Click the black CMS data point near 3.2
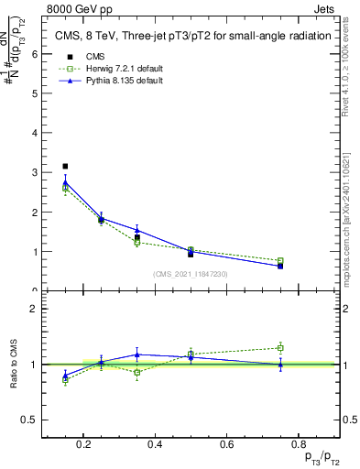coord(65,166)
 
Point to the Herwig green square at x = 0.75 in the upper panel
coord(280,261)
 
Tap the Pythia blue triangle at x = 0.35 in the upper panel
coord(136,230)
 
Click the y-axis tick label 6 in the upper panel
coord(35,53)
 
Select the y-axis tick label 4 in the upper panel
coord(35,133)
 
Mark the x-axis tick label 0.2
coord(83,445)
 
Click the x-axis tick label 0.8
coord(297,445)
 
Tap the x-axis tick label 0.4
coord(155,445)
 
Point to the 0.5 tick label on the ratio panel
coord(29,420)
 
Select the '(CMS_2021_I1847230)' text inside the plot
coord(191,274)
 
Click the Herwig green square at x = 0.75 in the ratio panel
coord(280,348)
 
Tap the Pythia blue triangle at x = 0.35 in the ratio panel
coord(136,354)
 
